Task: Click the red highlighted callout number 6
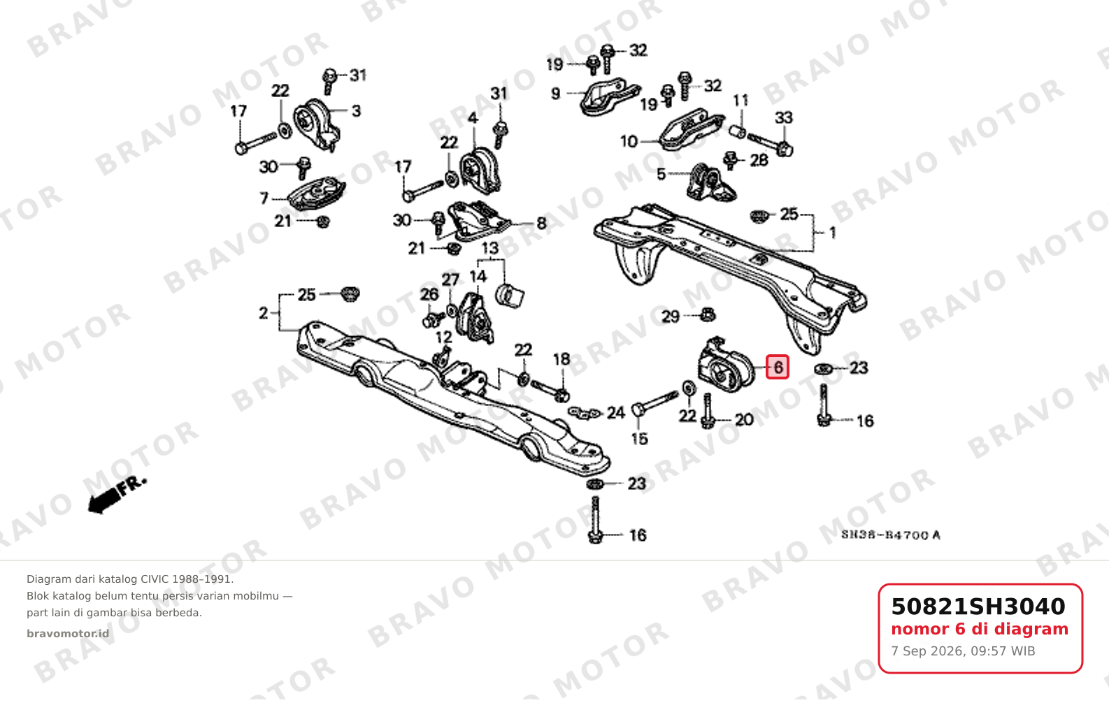[778, 368]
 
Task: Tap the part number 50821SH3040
[978, 607]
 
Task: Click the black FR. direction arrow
[117, 496]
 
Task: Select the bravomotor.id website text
[68, 634]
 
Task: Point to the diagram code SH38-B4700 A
[891, 535]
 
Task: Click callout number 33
[784, 118]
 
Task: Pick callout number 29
[671, 317]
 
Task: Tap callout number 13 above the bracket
[490, 248]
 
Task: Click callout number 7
[264, 198]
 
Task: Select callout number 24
[616, 412]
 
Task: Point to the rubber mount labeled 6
[725, 365]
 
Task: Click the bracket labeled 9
[610, 96]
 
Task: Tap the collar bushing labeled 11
[738, 132]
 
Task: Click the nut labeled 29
[708, 314]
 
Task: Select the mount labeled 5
[710, 183]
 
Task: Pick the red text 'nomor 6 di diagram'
[980, 629]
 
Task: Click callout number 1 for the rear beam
[833, 232]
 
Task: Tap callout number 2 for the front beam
[264, 313]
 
